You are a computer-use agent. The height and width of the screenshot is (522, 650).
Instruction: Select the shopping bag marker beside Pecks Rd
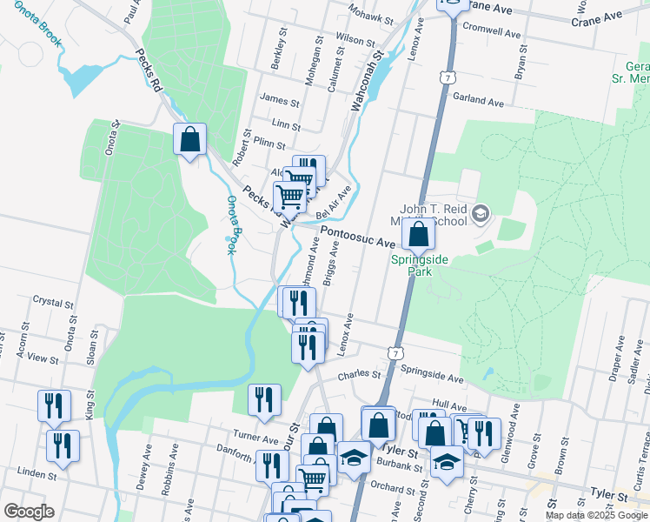click(x=190, y=139)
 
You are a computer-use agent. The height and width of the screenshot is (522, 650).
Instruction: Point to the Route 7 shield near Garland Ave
click(x=447, y=78)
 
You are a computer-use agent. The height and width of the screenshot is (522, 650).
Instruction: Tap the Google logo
click(x=29, y=512)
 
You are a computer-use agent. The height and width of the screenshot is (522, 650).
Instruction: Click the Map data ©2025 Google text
click(x=596, y=515)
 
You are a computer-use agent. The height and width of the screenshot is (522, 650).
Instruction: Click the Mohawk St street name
click(x=372, y=15)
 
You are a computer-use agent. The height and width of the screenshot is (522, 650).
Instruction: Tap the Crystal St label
click(x=52, y=303)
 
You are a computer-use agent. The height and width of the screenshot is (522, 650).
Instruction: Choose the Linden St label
click(x=36, y=476)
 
